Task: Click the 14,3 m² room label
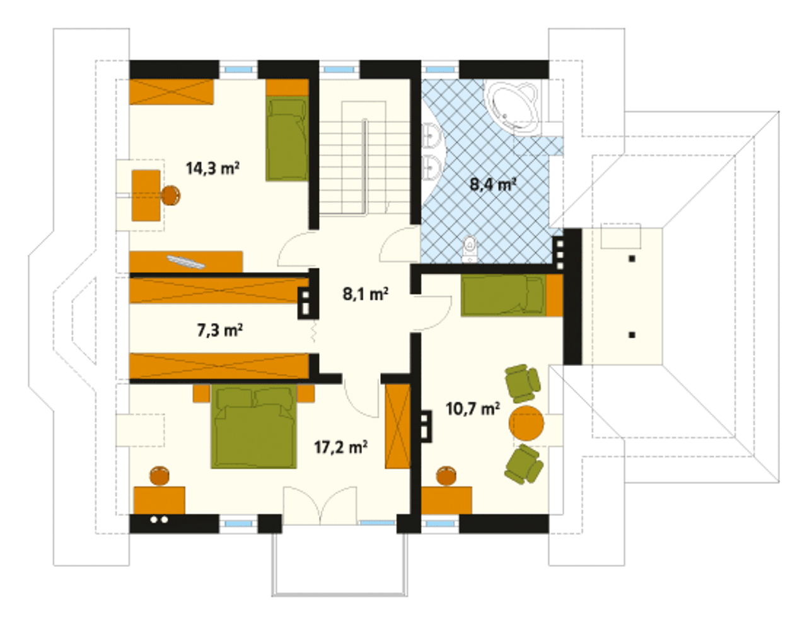click(212, 169)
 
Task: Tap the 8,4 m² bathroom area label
click(493, 185)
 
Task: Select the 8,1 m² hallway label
click(366, 294)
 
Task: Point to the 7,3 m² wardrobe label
click(220, 330)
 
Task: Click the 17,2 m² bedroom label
click(341, 447)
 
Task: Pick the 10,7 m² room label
click(472, 409)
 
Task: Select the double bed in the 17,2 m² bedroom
click(254, 426)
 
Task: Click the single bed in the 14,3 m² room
click(287, 139)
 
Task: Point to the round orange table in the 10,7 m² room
click(526, 423)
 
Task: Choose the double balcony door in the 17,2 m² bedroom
click(320, 505)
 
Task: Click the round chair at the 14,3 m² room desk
click(171, 195)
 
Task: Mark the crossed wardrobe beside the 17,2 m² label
click(398, 426)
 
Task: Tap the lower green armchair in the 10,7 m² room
click(524, 464)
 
